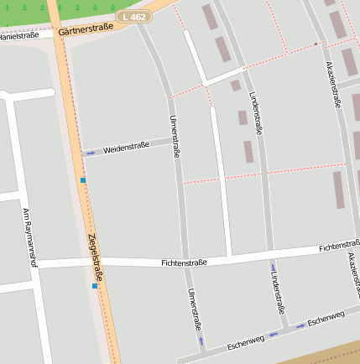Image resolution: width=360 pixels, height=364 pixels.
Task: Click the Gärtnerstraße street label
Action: (x=86, y=30)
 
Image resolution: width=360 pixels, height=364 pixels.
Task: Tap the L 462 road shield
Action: (x=134, y=16)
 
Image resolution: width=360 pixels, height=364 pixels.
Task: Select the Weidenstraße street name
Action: (x=126, y=148)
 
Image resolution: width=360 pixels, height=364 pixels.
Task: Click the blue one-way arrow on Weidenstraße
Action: (x=90, y=153)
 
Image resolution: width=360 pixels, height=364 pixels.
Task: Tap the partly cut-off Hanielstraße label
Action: (x=19, y=36)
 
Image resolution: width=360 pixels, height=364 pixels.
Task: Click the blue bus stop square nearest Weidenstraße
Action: (x=82, y=179)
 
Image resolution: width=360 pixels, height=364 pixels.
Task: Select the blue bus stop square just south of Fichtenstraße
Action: (x=95, y=286)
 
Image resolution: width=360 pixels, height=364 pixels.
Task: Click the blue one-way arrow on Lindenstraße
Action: (x=273, y=268)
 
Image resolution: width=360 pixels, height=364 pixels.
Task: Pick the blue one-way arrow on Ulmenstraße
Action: (x=201, y=341)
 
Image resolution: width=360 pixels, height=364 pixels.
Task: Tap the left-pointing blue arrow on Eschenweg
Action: (x=274, y=334)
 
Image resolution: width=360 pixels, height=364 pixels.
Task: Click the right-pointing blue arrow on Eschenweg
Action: (x=300, y=325)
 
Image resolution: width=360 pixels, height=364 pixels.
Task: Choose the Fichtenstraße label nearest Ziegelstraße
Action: (x=184, y=263)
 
